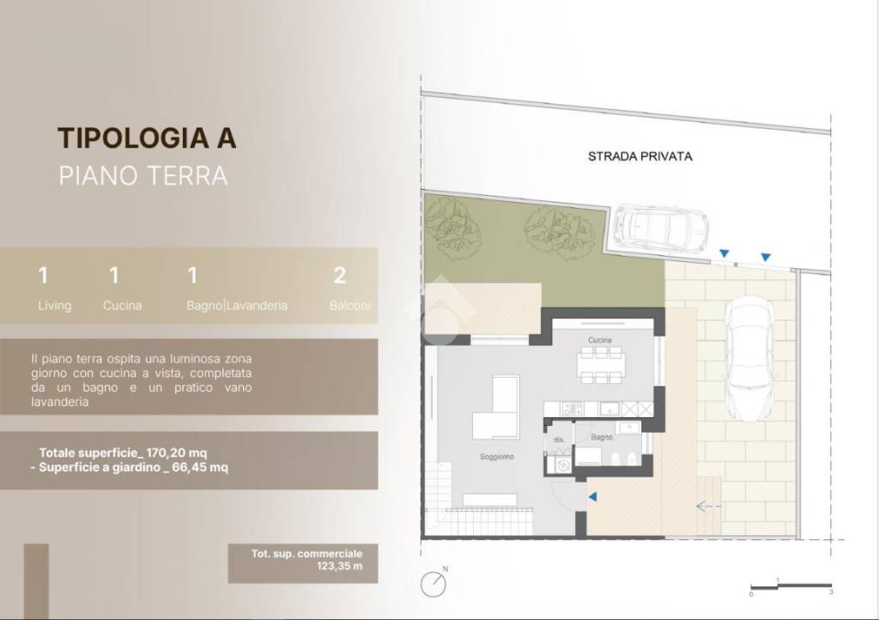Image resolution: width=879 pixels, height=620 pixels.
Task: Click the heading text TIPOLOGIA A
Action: pos(146,137)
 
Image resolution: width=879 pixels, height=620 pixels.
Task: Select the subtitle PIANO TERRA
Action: pos(142,176)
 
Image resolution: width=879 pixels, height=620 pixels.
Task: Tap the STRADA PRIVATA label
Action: pos(640,156)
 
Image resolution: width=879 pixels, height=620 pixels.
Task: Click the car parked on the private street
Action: pos(659,227)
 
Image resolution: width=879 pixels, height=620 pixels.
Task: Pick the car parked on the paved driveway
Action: pos(749,357)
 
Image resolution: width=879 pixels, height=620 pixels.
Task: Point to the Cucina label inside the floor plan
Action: pos(599,341)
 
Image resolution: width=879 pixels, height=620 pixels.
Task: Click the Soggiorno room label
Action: pos(496,457)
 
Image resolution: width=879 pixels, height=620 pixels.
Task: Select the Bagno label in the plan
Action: pos(601,438)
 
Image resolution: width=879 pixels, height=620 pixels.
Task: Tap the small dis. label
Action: pos(558,439)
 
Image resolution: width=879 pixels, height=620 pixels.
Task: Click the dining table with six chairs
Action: pos(599,364)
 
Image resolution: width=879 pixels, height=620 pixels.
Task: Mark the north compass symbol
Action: pos(434,584)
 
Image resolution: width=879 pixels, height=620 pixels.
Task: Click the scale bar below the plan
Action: pos(790,585)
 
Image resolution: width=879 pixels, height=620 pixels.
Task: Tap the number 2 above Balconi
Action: pos(340,276)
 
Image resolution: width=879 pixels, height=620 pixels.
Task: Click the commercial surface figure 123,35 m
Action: pos(305,567)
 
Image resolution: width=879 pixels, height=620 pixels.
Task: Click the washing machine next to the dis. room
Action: pos(563,465)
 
